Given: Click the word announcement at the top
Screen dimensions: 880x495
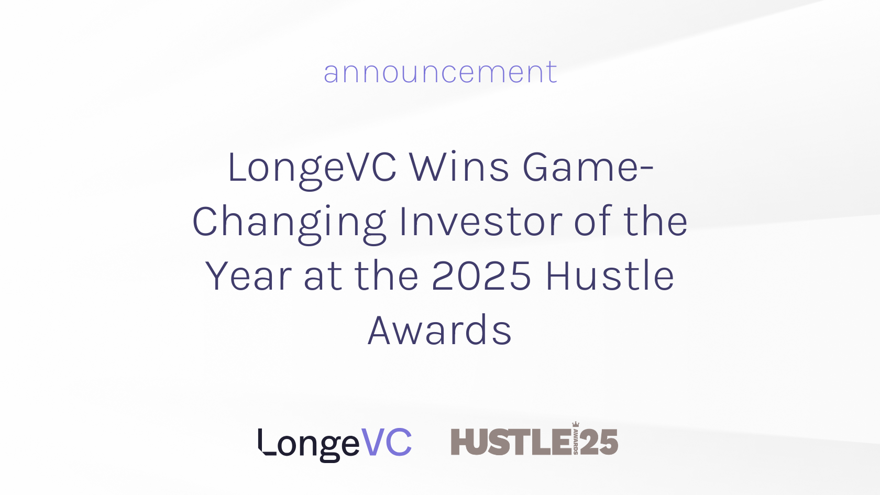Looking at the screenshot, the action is [440, 72].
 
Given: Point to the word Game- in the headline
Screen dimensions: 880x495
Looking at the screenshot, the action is [588, 167].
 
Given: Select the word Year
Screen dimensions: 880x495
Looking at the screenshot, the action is [249, 276].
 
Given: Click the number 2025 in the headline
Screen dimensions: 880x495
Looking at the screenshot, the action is [481, 276].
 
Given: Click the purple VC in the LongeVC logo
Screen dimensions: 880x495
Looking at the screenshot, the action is [386, 442].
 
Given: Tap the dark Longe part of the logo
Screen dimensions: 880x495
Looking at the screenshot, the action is [309, 445].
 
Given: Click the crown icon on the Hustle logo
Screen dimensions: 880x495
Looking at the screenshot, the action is [576, 424].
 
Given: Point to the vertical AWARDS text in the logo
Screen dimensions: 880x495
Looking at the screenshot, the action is [576, 442].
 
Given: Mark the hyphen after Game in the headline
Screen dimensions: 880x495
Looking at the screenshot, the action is [647, 170].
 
